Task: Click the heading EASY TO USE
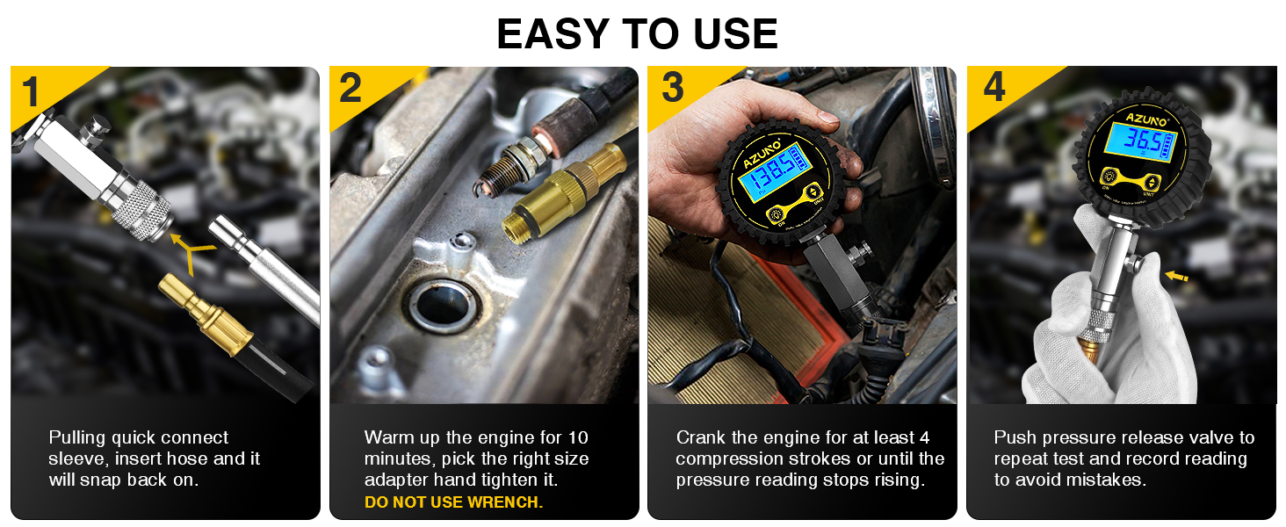pos(638,33)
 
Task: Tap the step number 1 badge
pos(32,91)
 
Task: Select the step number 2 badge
pos(350,90)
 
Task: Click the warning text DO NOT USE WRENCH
pos(453,502)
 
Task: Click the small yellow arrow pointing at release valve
pos(1176,277)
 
